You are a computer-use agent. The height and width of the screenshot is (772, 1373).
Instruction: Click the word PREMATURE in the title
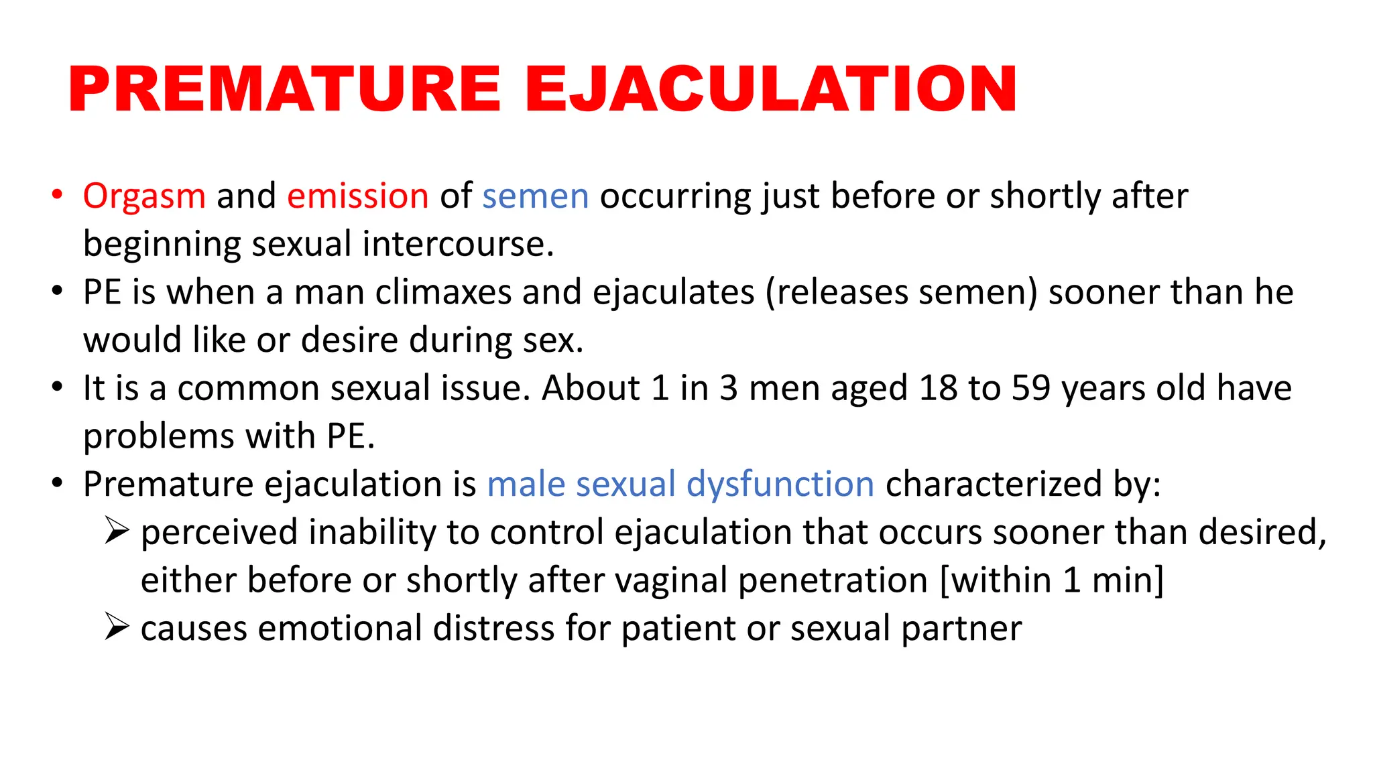[x=284, y=89]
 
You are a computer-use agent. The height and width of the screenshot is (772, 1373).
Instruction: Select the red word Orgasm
[x=144, y=196]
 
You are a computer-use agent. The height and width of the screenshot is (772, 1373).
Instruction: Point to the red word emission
[x=358, y=196]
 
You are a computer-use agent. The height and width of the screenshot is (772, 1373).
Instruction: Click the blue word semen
[x=535, y=196]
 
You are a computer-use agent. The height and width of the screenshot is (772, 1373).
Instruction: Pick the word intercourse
[x=459, y=244]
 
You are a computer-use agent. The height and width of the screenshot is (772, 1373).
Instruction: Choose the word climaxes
[x=443, y=293]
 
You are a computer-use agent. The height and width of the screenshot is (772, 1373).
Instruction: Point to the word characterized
[x=994, y=484]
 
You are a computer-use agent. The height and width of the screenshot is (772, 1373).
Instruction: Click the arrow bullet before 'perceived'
[x=117, y=532]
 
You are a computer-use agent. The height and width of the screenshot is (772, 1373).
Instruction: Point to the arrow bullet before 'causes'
[x=117, y=628]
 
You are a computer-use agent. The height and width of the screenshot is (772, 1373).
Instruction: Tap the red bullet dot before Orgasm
[x=58, y=195]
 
